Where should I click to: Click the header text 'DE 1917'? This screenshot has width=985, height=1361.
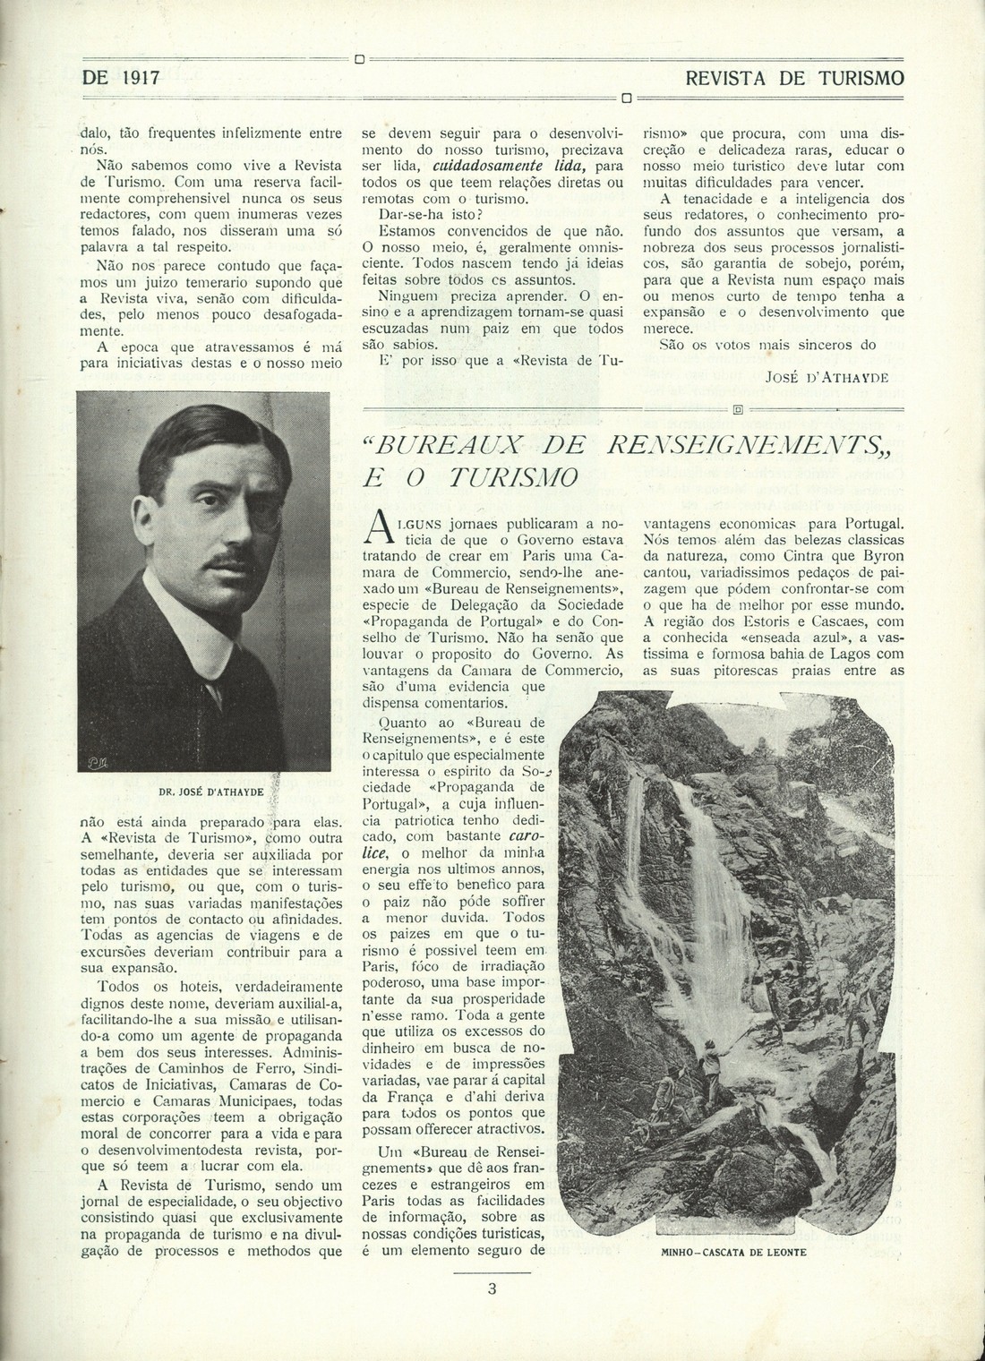point(121,78)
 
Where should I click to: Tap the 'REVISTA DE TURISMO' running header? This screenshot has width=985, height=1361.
point(793,78)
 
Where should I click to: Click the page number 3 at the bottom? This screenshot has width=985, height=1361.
point(492,1289)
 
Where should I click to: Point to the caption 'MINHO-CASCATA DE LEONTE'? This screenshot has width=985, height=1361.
point(733,1253)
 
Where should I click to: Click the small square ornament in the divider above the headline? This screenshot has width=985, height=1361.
point(739,410)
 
